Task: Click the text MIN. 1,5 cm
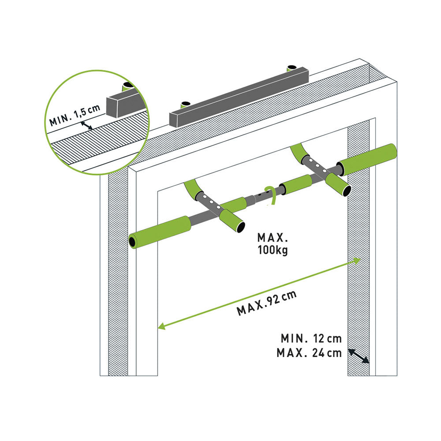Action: (75, 115)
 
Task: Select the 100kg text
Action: (273, 250)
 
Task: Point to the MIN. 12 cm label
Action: (311, 338)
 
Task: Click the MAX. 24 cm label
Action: (310, 353)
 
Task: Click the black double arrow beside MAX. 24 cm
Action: (359, 356)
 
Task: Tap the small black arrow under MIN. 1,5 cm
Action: (86, 125)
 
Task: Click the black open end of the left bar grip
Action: (132, 242)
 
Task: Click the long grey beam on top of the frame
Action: (239, 97)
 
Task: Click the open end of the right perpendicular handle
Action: (347, 191)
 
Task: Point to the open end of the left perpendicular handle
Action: (240, 227)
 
